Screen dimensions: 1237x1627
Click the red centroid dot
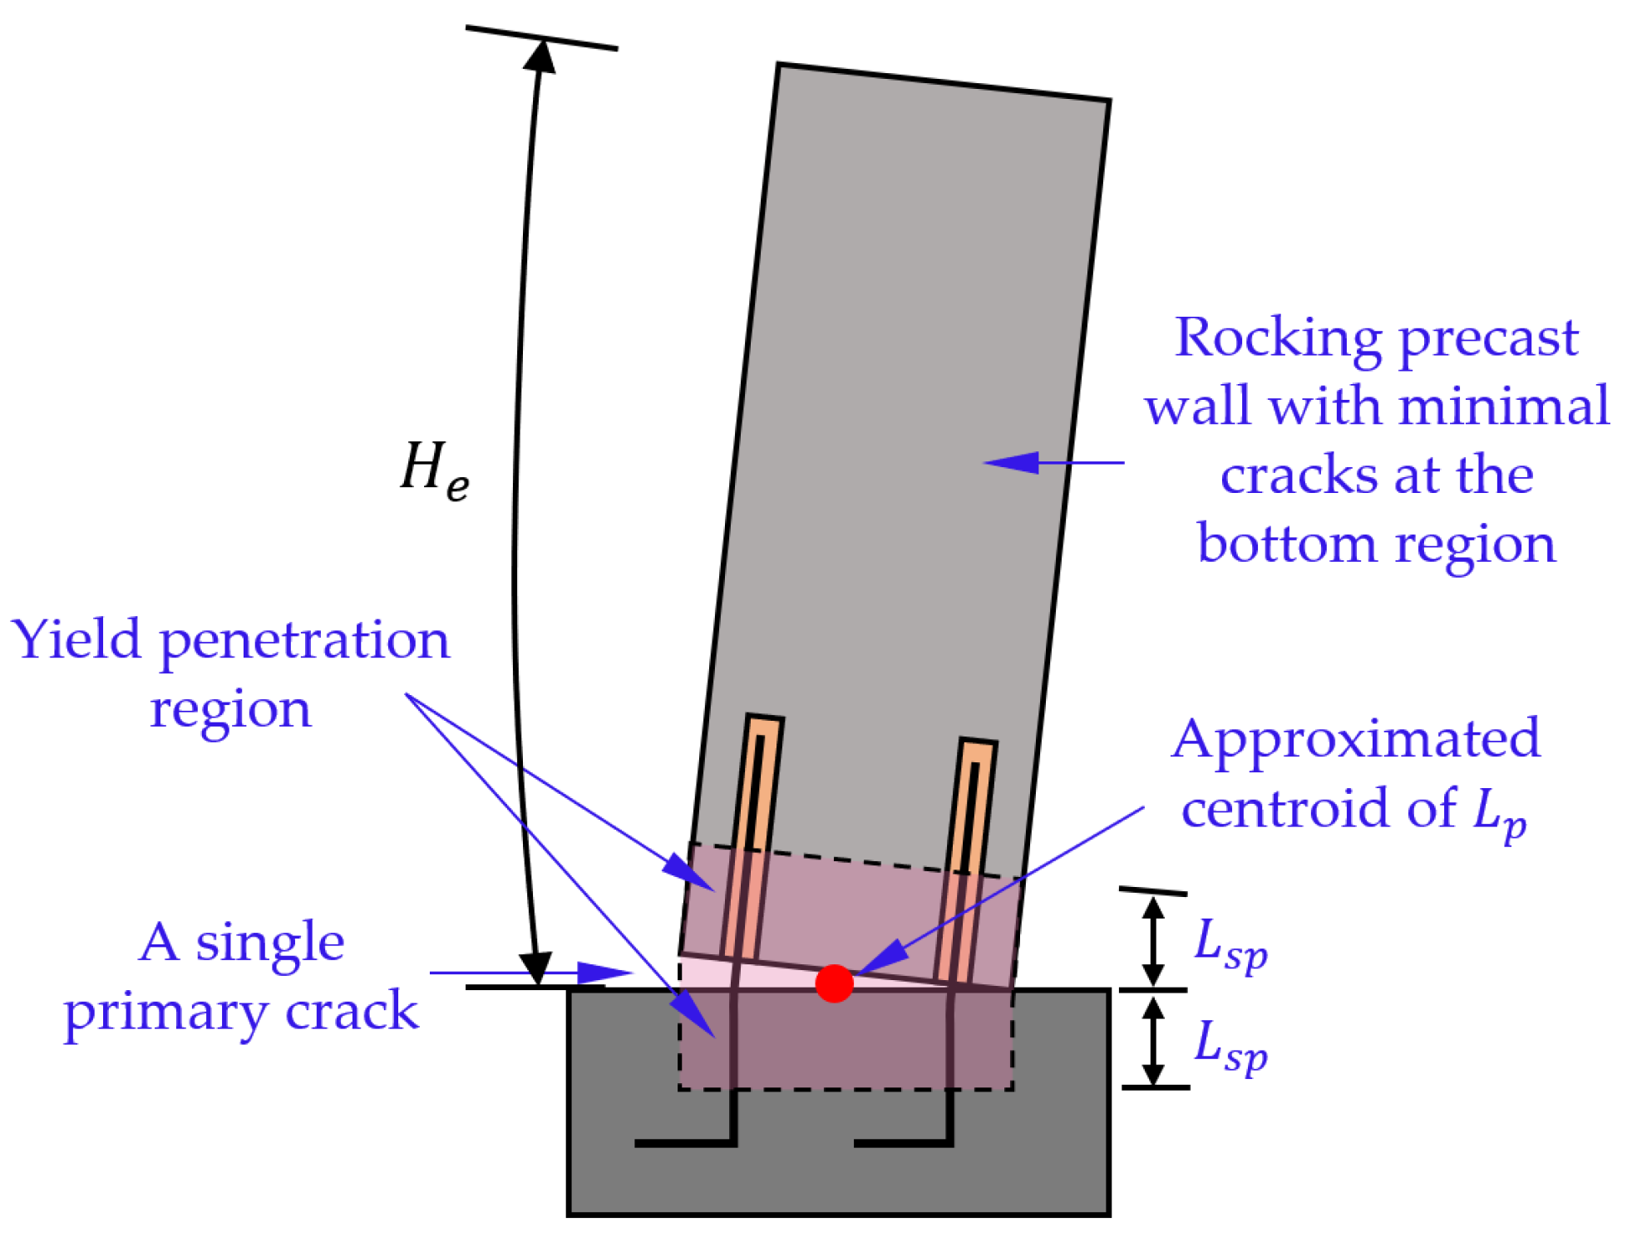point(834,983)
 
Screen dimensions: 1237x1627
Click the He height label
point(434,471)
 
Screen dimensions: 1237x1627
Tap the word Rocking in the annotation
point(1280,338)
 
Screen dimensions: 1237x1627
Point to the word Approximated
point(1356,738)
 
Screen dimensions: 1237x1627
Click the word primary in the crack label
point(166,1013)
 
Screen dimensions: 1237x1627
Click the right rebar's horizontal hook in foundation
point(902,1143)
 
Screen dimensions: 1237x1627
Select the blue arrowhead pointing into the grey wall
point(1010,462)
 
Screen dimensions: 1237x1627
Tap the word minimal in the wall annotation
point(1505,407)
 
